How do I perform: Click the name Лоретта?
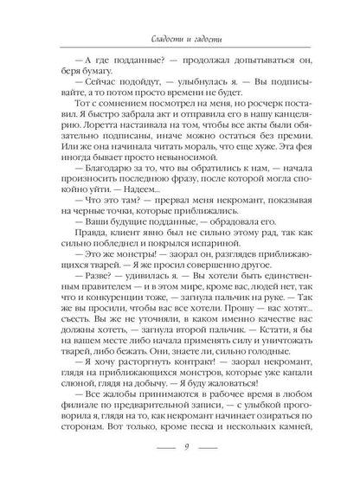112,133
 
